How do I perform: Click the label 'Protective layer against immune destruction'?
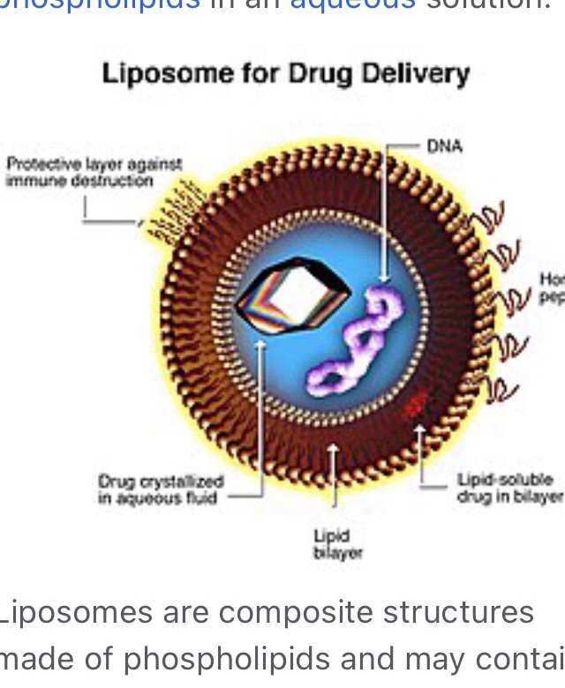(x=93, y=172)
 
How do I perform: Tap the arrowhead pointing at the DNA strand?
(x=382, y=280)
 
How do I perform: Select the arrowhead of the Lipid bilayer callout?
(x=333, y=450)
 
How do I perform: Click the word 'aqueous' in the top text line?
(x=352, y=4)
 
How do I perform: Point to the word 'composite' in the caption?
(x=309, y=612)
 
